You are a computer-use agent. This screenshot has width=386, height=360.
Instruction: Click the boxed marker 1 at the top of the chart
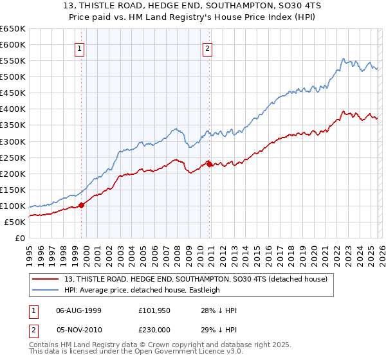tap(79, 48)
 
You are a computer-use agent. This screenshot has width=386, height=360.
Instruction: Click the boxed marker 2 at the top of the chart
tap(208, 48)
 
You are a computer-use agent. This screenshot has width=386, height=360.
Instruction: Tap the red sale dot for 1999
tap(82, 205)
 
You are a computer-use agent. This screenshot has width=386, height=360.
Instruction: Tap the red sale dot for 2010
tap(210, 163)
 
